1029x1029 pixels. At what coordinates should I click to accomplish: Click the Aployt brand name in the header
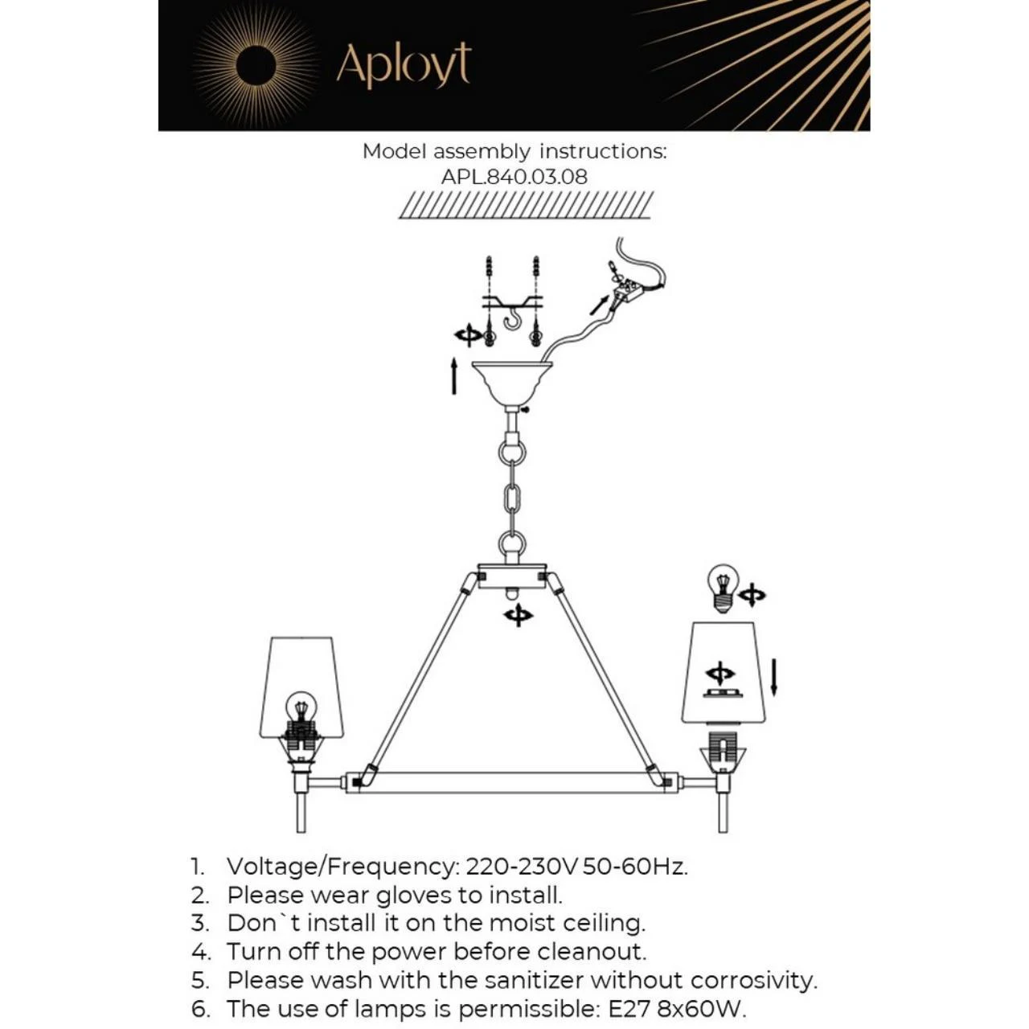404,66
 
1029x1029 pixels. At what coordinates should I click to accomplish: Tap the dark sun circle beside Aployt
256,64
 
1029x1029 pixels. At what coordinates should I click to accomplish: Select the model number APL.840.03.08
514,177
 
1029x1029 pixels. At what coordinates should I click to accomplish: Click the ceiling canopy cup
511,383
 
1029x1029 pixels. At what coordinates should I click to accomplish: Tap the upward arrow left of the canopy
454,376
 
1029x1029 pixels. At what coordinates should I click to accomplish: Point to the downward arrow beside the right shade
774,678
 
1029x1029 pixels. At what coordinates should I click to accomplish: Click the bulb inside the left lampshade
301,711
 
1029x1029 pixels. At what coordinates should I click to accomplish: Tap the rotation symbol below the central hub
518,616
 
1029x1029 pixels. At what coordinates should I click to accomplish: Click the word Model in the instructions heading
394,152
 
